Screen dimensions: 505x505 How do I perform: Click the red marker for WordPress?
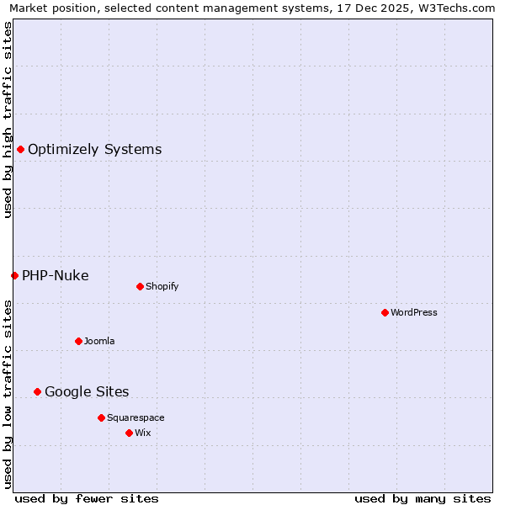click(x=385, y=312)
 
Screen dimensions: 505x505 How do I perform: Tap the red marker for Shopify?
click(x=140, y=286)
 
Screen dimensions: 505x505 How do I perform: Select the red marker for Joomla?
click(x=78, y=341)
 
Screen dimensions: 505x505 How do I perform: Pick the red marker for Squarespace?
click(x=101, y=417)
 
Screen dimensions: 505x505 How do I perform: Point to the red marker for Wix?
click(x=129, y=433)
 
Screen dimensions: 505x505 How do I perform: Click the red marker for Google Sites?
click(x=37, y=391)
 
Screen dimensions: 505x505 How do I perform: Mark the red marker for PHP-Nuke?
click(x=14, y=275)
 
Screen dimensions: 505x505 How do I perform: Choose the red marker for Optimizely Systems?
click(x=20, y=149)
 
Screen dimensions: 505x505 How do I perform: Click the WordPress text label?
click(x=414, y=312)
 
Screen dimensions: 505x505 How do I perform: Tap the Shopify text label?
click(x=162, y=286)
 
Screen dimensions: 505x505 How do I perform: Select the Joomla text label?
click(x=99, y=341)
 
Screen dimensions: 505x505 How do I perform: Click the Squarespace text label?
click(x=136, y=417)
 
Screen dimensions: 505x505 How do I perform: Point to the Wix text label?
click(x=143, y=433)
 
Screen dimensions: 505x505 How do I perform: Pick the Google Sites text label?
click(x=87, y=391)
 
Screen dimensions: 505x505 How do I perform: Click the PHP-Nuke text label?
click(x=56, y=275)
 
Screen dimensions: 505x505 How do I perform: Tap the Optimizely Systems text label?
click(x=94, y=149)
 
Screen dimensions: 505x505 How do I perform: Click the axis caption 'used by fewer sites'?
click(x=87, y=498)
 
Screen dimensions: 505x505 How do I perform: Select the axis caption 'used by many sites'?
click(x=423, y=498)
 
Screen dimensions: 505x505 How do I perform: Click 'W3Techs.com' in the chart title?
click(x=458, y=8)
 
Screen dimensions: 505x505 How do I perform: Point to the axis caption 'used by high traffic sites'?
click(x=8, y=120)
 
